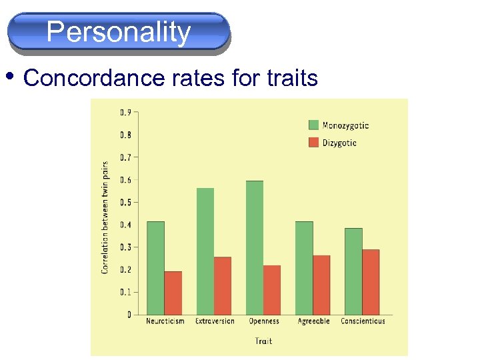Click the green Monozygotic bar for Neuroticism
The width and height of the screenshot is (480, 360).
tap(155, 268)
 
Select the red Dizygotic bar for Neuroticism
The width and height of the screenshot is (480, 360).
tap(173, 293)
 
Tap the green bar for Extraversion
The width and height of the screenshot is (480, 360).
tap(205, 251)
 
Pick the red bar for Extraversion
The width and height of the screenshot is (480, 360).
tap(223, 285)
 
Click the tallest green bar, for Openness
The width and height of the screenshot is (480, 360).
tap(255, 247)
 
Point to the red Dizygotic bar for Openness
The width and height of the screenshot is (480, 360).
tap(272, 290)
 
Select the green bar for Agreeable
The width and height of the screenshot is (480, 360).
tap(304, 268)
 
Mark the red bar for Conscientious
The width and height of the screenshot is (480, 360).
tap(371, 282)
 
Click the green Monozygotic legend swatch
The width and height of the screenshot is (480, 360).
tap(314, 125)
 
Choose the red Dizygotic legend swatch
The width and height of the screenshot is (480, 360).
tap(314, 142)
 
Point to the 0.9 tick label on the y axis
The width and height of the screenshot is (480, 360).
tap(125, 112)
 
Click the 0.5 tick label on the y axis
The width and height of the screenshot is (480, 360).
tap(125, 202)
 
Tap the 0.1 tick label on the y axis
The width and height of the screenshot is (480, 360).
tap(125, 292)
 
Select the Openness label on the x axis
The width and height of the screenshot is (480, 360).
tap(264, 321)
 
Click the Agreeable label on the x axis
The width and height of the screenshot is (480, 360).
tap(313, 321)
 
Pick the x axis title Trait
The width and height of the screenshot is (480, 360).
tap(264, 341)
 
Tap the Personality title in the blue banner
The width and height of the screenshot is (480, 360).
tap(119, 32)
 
